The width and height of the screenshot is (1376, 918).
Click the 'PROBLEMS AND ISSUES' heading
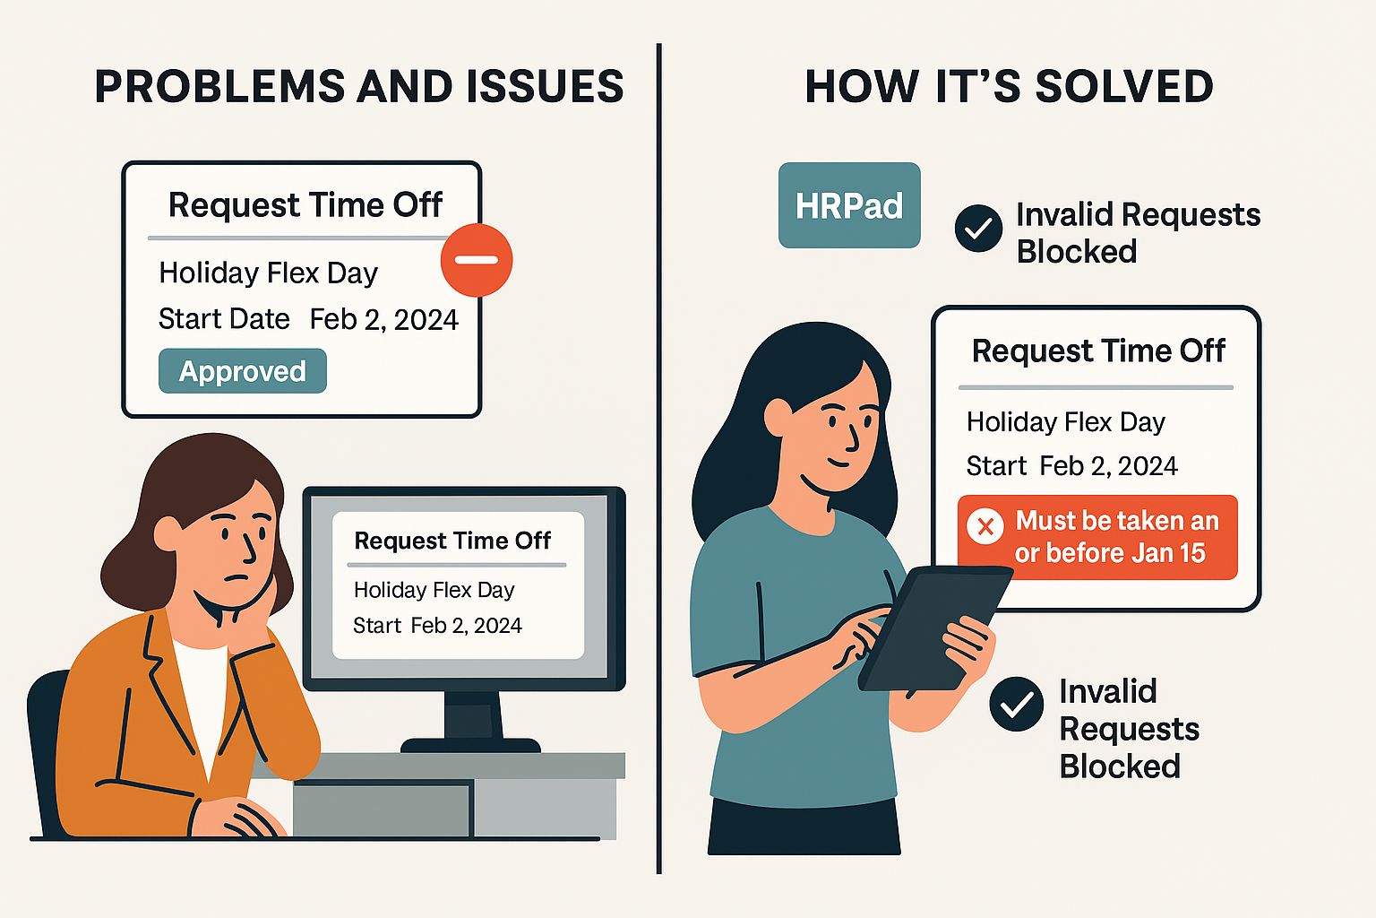pyautogui.click(x=358, y=87)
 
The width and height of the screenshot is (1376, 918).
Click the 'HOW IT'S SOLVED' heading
pyautogui.click(x=1009, y=87)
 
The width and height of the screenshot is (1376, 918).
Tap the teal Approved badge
pyautogui.click(x=242, y=371)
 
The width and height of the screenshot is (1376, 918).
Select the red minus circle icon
pyautogui.click(x=477, y=260)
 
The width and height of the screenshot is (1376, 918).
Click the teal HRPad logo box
pyautogui.click(x=849, y=205)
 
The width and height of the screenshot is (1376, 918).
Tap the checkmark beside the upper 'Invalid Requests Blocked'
pyautogui.click(x=978, y=229)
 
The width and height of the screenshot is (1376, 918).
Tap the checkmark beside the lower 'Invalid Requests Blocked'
pyautogui.click(x=1016, y=705)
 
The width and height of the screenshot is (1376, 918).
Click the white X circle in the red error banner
pyautogui.click(x=985, y=526)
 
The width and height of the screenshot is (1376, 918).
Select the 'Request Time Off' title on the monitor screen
pyautogui.click(x=452, y=541)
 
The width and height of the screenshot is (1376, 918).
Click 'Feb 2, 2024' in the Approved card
pyautogui.click(x=383, y=320)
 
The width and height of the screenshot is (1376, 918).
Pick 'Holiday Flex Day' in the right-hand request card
pyautogui.click(x=1065, y=422)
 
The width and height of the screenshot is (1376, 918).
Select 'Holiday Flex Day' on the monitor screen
pyautogui.click(x=434, y=590)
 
